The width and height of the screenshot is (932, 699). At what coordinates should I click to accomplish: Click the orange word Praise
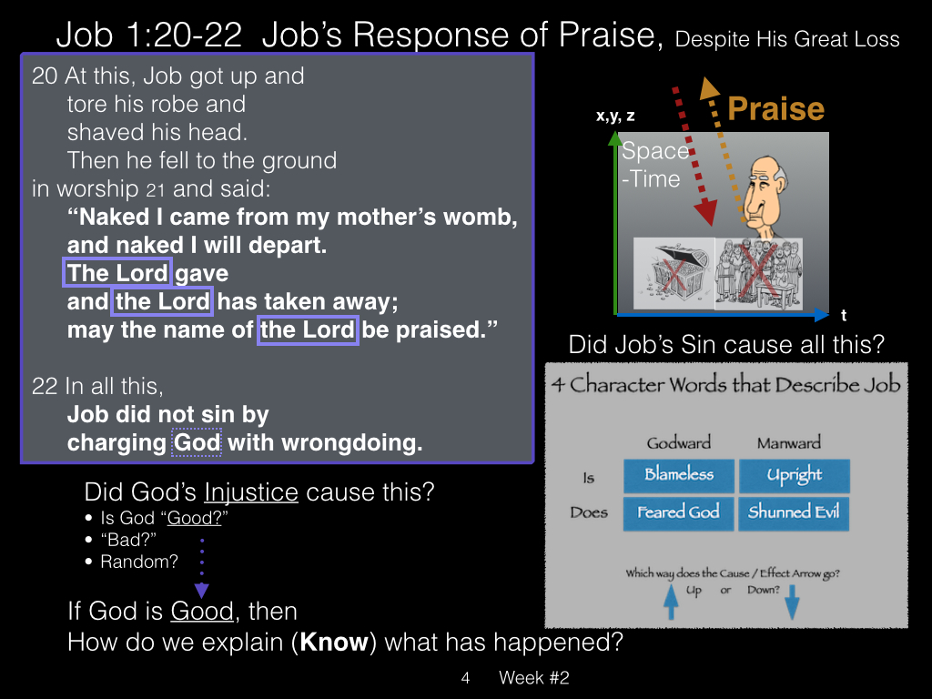pyautogui.click(x=775, y=109)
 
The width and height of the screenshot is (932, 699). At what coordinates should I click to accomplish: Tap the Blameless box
pyautogui.click(x=679, y=475)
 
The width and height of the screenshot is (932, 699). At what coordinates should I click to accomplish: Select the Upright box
pyautogui.click(x=794, y=475)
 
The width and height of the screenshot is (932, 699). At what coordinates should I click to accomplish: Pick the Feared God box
pyautogui.click(x=678, y=513)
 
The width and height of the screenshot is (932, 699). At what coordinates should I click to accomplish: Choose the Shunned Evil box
pyautogui.click(x=794, y=513)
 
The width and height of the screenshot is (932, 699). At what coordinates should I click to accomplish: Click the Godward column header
pyautogui.click(x=679, y=443)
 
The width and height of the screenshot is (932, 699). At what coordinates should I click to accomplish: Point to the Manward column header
pyautogui.click(x=789, y=443)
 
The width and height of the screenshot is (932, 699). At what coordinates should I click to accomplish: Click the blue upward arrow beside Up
pyautogui.click(x=671, y=602)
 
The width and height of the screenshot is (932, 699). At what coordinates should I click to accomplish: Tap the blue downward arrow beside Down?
pyautogui.click(x=793, y=602)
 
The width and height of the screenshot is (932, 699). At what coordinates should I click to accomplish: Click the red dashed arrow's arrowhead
pyautogui.click(x=705, y=212)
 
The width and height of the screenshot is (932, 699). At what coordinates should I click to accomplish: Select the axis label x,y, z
pyautogui.click(x=615, y=116)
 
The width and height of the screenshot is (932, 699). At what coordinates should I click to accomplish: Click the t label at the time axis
pyautogui.click(x=844, y=315)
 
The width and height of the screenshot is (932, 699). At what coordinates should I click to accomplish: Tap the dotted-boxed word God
pyautogui.click(x=197, y=442)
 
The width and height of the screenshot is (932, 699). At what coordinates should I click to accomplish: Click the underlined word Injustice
pyautogui.click(x=251, y=492)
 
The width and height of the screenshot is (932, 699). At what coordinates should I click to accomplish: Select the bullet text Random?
pyautogui.click(x=139, y=562)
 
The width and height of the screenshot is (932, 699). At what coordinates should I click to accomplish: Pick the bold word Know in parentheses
pyautogui.click(x=334, y=643)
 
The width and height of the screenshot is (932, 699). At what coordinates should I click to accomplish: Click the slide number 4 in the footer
pyautogui.click(x=465, y=677)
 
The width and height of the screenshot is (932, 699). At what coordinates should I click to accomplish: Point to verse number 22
pyautogui.click(x=45, y=386)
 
